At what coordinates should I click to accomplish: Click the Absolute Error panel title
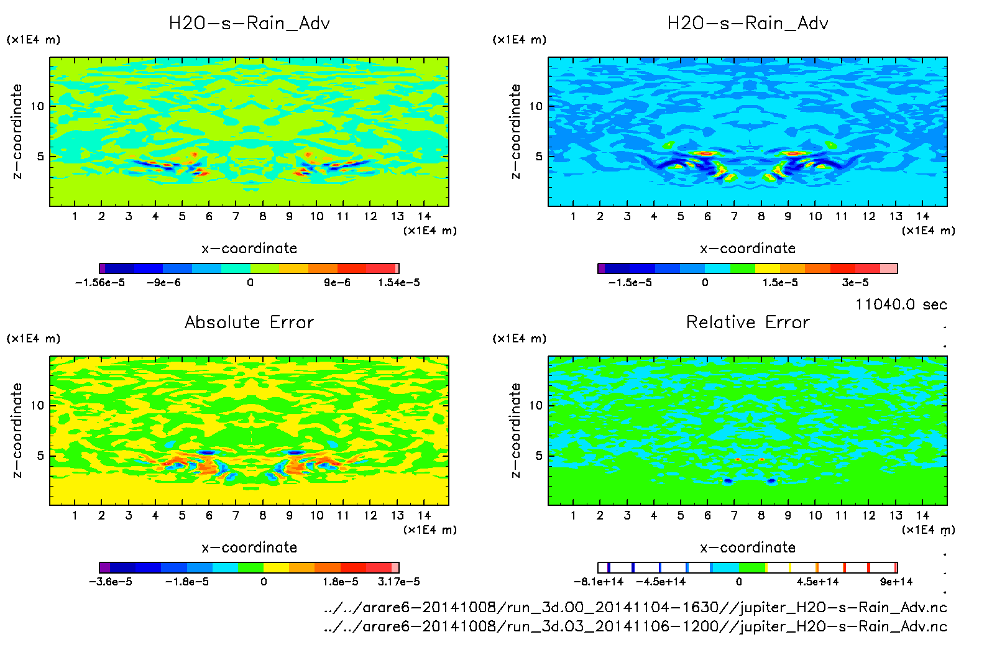tap(249, 323)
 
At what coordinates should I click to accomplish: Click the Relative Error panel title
tap(748, 323)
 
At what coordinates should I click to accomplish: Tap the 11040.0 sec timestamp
tap(901, 305)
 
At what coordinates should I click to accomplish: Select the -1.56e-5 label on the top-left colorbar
tap(100, 283)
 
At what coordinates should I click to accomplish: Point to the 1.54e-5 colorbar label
tap(398, 283)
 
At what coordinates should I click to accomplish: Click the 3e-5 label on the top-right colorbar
tap(855, 283)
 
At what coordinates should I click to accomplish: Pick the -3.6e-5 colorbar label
tap(111, 582)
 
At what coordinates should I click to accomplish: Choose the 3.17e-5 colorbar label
tap(398, 582)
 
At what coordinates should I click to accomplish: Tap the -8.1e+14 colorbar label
tap(599, 582)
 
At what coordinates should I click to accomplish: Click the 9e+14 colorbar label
tap(896, 582)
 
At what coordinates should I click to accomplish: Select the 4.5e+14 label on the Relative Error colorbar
tap(817, 582)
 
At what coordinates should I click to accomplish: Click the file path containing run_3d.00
tap(635, 607)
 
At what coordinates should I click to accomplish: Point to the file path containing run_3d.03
tap(635, 626)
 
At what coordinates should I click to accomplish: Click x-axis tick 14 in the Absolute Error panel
tap(424, 515)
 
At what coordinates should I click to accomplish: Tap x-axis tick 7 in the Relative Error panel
tap(734, 515)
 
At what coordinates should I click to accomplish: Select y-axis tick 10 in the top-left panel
tap(37, 106)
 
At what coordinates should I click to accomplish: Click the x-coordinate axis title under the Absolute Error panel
tap(249, 547)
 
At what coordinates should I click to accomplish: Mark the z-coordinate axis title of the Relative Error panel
tap(515, 430)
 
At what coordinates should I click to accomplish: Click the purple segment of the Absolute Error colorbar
tap(105, 567)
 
